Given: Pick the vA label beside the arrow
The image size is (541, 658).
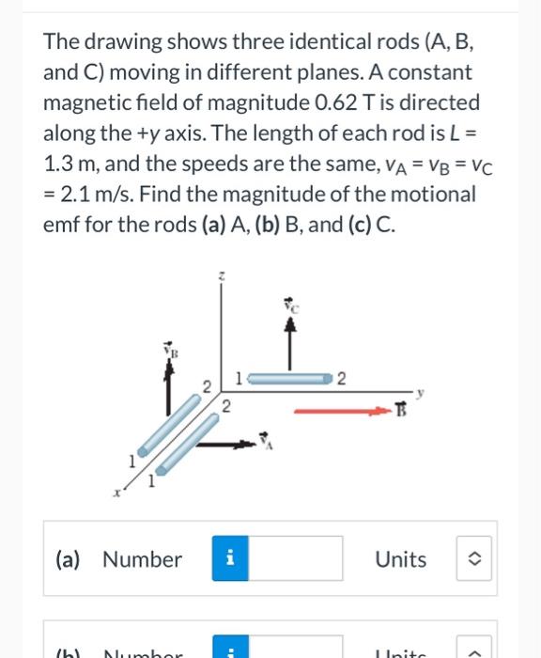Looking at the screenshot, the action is click(265, 437).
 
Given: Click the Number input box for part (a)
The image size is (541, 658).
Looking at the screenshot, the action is click(296, 559).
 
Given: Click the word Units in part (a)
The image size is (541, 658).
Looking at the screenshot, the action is click(400, 559).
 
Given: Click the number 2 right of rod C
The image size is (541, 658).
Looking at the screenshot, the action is click(343, 378).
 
